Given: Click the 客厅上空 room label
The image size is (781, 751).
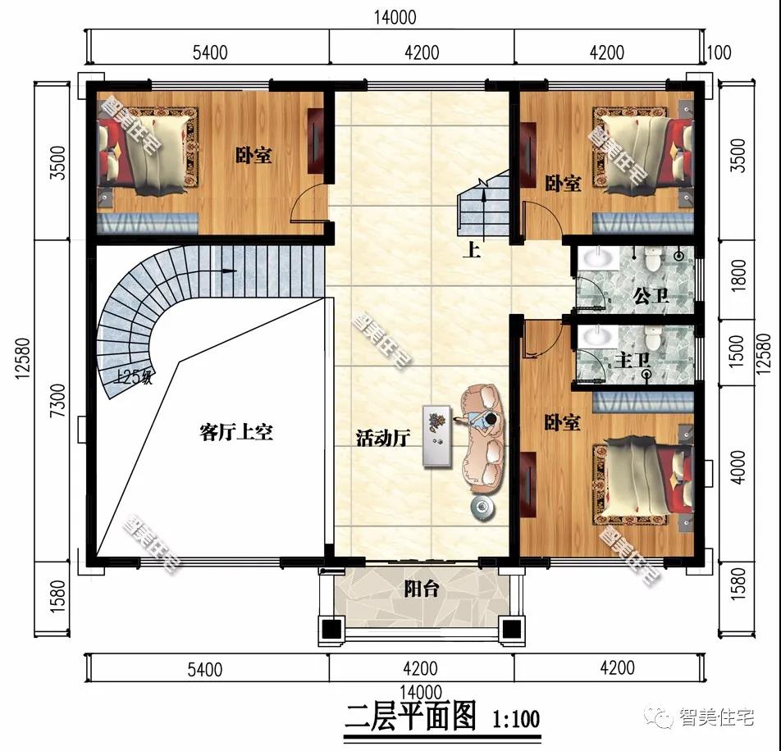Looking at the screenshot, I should click(236, 432).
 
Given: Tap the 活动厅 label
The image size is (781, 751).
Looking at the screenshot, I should click(382, 438).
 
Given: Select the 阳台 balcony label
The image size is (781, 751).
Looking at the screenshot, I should click(422, 588).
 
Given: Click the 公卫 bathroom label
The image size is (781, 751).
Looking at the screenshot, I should click(651, 296).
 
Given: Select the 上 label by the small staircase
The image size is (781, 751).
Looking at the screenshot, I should click(471, 249).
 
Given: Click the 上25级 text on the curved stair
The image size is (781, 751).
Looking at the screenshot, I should click(134, 377).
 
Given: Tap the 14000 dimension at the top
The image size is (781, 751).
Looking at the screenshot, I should click(395, 17).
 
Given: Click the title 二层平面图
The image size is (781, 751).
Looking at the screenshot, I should click(411, 718).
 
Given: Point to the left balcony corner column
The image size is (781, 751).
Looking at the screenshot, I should click(331, 630).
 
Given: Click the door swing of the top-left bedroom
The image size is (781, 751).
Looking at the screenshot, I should click(309, 205).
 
